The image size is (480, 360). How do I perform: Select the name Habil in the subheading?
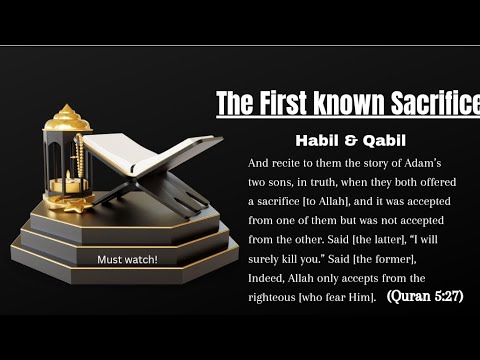[312, 139]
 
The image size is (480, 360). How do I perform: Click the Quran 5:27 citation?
[424, 297]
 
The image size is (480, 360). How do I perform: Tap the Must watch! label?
[127, 260]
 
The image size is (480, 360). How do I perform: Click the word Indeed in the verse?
[271, 278]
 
